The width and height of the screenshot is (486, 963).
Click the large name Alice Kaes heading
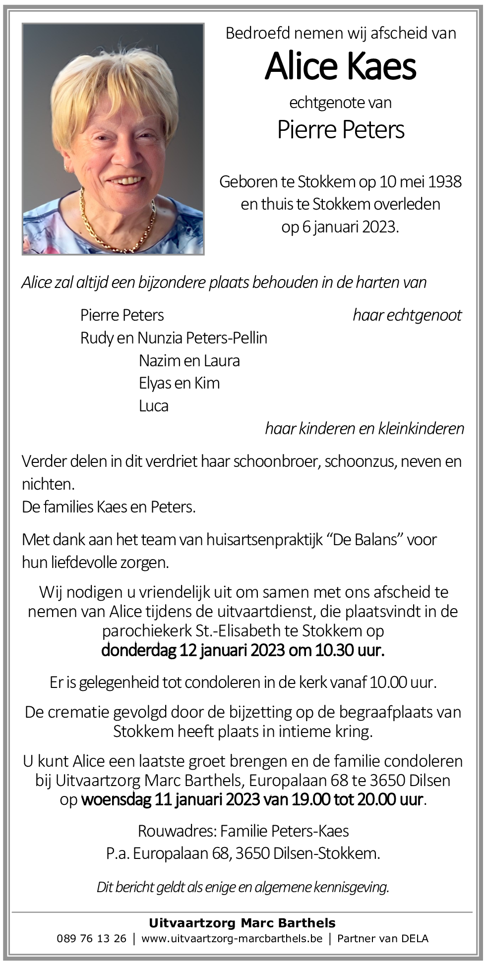tap(341, 66)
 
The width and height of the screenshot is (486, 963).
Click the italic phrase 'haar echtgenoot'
tap(407, 315)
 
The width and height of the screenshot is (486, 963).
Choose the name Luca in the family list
tap(154, 406)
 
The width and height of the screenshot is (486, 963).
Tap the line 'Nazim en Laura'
tap(189, 360)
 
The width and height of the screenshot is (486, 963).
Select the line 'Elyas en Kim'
tap(179, 383)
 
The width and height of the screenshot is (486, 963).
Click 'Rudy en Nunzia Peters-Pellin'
tap(174, 338)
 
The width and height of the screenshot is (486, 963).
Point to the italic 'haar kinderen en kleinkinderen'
tap(364, 428)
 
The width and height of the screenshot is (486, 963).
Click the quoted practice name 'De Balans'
tap(367, 539)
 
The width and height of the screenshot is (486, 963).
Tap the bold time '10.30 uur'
tap(350, 650)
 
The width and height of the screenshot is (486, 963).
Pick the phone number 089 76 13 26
tap(91, 938)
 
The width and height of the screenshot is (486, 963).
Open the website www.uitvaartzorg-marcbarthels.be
tap(232, 938)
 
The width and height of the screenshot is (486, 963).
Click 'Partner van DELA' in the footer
tap(383, 938)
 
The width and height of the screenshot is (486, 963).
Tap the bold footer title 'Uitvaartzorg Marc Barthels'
tap(243, 923)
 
